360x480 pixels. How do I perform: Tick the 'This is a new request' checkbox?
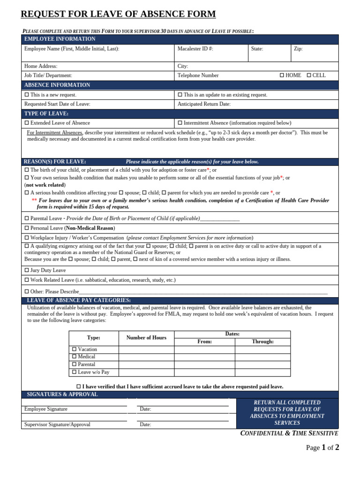[27, 95]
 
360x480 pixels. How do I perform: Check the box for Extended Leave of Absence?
[27, 123]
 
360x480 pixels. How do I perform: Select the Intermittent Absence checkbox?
[180, 123]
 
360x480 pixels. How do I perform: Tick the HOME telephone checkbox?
[282, 75]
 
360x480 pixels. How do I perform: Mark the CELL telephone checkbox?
[309, 75]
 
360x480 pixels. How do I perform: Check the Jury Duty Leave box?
[27, 270]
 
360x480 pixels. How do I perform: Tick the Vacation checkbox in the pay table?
[75, 349]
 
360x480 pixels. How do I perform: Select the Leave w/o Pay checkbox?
[75, 372]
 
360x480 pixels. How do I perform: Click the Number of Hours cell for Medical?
[146, 357]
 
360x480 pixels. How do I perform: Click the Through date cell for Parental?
[262, 364]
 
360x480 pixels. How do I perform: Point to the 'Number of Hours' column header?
[146, 337]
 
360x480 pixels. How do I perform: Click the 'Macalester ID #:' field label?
[195, 49]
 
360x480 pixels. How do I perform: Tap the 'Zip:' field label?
[298, 49]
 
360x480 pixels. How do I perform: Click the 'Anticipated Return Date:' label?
[204, 104]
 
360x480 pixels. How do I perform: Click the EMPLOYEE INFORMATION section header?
[60, 39]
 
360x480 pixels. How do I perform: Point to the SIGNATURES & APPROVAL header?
[62, 394]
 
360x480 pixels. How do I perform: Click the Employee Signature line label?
[46, 409]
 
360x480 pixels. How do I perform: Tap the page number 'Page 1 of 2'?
[322, 448]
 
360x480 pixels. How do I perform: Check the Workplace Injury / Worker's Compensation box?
[27, 238]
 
